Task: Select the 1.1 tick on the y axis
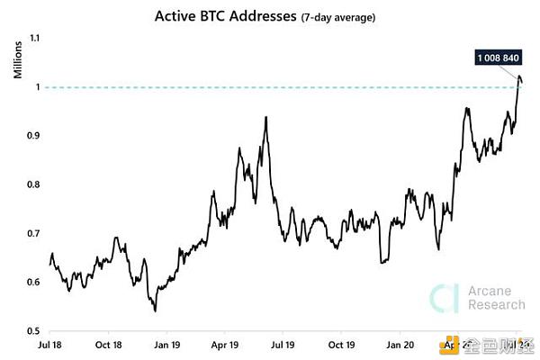coord(35,38)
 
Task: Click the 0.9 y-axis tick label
coord(35,136)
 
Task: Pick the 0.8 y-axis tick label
coord(35,184)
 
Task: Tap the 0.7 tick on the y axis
coord(35,233)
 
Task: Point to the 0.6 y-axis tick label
coord(35,282)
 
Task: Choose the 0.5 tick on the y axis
coord(35,330)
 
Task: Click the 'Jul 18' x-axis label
coord(49,344)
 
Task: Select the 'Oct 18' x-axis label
coord(107,344)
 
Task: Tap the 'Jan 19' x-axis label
coord(166,344)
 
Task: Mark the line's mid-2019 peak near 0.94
coord(266,118)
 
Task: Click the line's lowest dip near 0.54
coord(156,310)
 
